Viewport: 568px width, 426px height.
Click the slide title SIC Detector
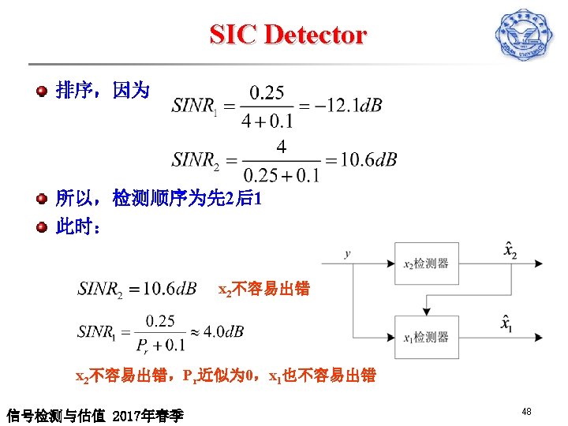coord(288,35)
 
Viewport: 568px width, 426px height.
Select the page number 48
coord(527,411)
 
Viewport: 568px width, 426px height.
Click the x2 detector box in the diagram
coord(426,263)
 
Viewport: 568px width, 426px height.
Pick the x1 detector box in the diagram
coord(426,337)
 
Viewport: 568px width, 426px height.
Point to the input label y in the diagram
coord(348,254)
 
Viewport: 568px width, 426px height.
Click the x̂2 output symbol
coord(510,250)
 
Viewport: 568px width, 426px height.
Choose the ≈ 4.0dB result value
coord(217,331)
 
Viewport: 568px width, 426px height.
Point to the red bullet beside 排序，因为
coord(42,92)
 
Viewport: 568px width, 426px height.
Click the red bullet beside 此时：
coord(42,227)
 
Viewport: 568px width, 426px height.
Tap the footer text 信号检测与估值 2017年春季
coord(95,414)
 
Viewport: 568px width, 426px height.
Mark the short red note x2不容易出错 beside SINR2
coord(264,290)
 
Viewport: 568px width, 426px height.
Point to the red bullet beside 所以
coord(42,199)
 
